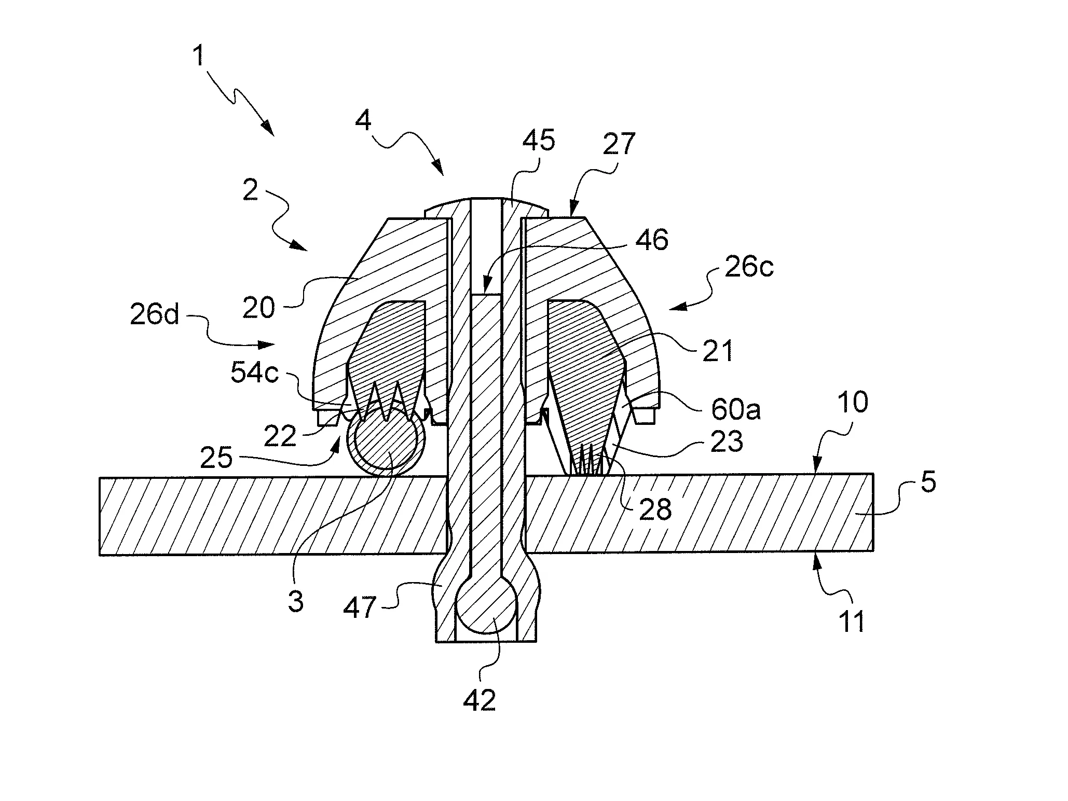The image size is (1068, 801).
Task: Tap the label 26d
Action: (x=154, y=314)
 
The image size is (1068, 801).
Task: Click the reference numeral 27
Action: (x=619, y=144)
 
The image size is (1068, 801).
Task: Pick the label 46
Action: (x=652, y=240)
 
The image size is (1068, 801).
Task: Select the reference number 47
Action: (x=360, y=606)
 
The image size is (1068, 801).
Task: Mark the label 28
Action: (x=655, y=509)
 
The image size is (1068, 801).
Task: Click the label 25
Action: (x=216, y=458)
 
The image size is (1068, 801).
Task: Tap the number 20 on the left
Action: (x=258, y=308)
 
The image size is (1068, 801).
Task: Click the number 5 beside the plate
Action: (x=928, y=482)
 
